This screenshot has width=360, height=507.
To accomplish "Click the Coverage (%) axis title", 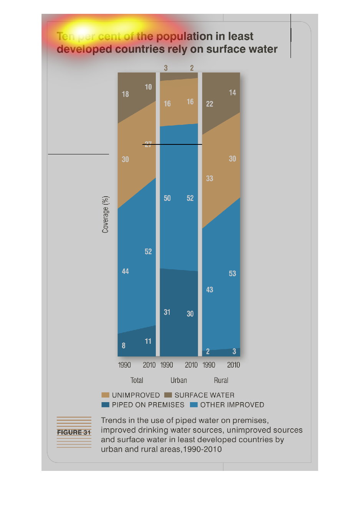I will [x=106, y=214].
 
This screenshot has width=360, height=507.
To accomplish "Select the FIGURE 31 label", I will [x=74, y=432].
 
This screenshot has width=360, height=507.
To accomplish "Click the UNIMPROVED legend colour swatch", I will [x=105, y=395].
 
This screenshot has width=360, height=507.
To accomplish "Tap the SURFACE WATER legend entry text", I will [x=204, y=395].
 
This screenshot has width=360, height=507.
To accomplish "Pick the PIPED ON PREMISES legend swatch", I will [x=105, y=404].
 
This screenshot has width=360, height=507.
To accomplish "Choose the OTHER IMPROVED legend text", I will [x=232, y=404].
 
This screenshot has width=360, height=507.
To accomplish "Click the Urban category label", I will [x=179, y=380].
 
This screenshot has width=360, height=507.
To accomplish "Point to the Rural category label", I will [x=221, y=380].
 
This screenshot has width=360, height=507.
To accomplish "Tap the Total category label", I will [x=137, y=380].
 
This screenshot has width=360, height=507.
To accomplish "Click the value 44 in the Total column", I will [x=126, y=271].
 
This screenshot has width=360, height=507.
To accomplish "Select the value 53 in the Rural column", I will [x=233, y=273].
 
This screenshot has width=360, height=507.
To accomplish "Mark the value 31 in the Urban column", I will [x=167, y=312].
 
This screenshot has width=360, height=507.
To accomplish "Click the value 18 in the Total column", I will [x=126, y=94].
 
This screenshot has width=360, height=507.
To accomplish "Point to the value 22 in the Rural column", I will [x=210, y=104].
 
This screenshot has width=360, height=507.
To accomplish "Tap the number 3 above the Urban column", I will [x=166, y=68].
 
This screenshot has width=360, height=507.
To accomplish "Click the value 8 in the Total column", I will [x=124, y=345].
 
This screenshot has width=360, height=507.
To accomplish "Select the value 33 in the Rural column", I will [x=210, y=178].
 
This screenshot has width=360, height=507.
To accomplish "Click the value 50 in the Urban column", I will [x=167, y=198].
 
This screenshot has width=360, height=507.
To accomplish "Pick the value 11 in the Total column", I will [x=148, y=341].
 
